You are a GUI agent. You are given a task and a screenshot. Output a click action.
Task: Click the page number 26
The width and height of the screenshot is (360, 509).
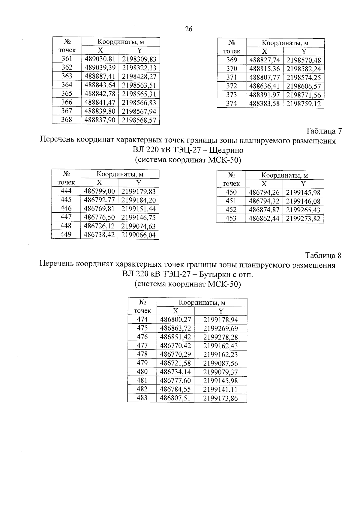[x=189, y=29]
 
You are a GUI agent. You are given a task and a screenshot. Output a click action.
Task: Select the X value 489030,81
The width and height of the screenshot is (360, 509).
[x=100, y=59]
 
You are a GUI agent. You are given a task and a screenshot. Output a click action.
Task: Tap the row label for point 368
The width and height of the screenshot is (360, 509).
[x=67, y=120]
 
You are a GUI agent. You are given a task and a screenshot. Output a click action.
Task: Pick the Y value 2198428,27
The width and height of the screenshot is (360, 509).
[x=139, y=76]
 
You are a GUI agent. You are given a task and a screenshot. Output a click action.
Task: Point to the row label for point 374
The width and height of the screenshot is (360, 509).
[x=231, y=104]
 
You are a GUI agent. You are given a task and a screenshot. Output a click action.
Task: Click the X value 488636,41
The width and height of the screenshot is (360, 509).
[x=265, y=86]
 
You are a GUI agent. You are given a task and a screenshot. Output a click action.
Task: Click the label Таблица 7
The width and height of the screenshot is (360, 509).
[x=323, y=131]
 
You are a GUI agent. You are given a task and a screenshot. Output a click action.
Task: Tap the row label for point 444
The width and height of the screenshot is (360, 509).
[x=66, y=191]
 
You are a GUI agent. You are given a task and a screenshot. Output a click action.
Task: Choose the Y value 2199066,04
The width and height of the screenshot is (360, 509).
[x=139, y=235]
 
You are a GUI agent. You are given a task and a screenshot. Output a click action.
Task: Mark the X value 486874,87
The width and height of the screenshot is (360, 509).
[x=264, y=210]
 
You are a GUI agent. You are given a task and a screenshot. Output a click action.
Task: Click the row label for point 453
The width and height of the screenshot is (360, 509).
[x=231, y=219]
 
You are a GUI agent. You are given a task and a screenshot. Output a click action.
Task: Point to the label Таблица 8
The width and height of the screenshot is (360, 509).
[x=323, y=256]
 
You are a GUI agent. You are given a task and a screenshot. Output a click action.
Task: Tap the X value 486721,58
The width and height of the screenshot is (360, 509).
[x=175, y=364]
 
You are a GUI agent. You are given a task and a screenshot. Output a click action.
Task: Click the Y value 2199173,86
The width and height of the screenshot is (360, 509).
[x=220, y=399]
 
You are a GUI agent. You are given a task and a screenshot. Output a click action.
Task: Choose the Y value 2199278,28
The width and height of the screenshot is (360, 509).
[x=220, y=337]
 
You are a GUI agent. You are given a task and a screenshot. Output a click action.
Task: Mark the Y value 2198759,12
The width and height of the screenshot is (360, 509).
[x=304, y=104]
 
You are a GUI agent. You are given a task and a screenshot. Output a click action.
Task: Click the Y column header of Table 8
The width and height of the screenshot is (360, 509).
[x=221, y=311]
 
